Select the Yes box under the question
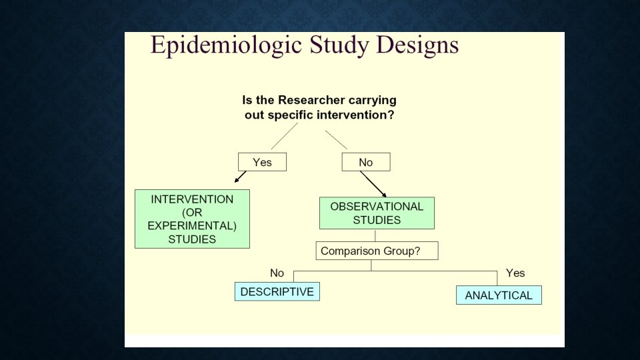coord(262,162)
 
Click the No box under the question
coord(366,162)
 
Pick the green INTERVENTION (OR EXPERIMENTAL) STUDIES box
coord(192,219)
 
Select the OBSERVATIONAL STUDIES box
coord(377,213)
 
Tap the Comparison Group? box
coord(377,251)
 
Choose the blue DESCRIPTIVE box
coord(277,292)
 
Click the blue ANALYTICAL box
coord(499,295)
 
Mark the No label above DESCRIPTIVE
coord(277,273)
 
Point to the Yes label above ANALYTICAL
coord(515,273)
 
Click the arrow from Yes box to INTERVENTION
coord(240,177)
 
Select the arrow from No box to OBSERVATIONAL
coord(373,183)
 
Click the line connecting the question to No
coord(336,140)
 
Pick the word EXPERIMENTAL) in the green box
coord(192,225)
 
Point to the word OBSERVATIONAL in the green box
coord(377,207)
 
